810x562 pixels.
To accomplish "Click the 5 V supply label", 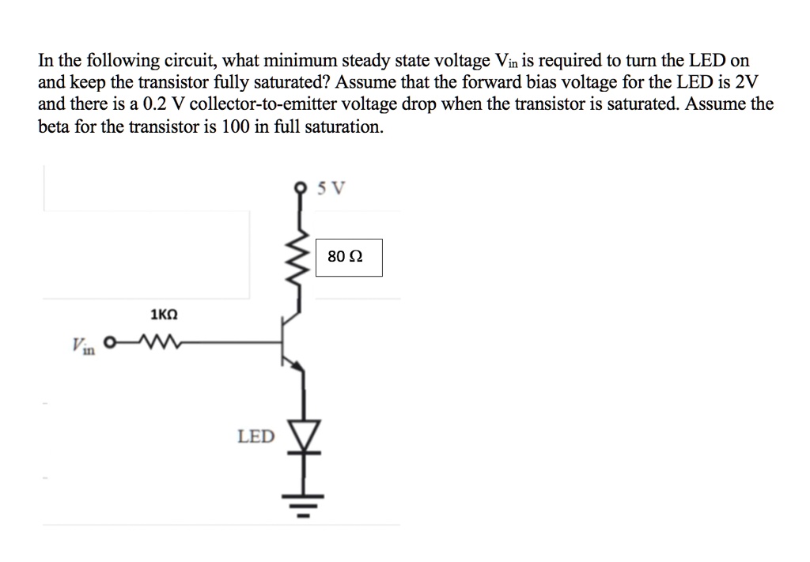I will (331, 189).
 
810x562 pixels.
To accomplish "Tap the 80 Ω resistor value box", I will (349, 258).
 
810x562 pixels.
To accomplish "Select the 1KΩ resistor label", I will (164, 315).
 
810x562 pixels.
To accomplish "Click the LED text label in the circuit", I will (256, 436).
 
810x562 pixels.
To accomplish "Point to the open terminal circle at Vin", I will (110, 343).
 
